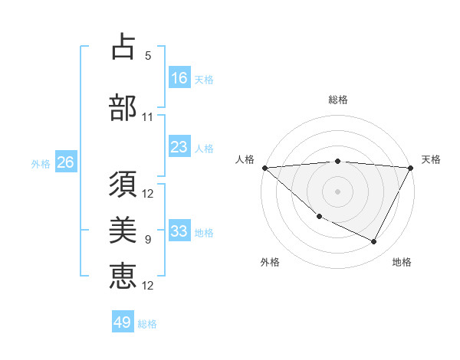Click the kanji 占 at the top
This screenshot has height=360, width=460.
tap(123, 47)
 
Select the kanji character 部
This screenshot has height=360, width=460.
tap(123, 108)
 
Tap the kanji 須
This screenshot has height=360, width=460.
tap(123, 186)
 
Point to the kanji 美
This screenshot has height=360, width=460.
tap(123, 231)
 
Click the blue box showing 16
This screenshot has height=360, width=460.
tap(179, 78)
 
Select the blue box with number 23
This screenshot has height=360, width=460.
tap(179, 147)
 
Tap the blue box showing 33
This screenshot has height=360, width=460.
tap(179, 231)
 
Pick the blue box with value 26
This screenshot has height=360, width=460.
tap(65, 162)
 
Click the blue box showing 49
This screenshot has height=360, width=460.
tap(123, 322)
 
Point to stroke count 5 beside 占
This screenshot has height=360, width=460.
tap(148, 56)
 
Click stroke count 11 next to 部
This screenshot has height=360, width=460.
tap(148, 117)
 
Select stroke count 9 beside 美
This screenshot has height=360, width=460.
tap(148, 240)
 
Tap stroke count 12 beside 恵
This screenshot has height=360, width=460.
tap(148, 286)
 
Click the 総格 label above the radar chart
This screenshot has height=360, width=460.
tap(337, 100)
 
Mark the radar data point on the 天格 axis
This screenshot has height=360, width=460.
tap(412, 168)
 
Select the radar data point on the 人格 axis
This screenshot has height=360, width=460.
tap(264, 168)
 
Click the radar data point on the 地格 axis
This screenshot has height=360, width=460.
tap(374, 242)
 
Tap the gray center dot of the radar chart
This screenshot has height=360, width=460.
tap(337, 191)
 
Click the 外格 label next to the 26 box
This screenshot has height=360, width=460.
tap(41, 163)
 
